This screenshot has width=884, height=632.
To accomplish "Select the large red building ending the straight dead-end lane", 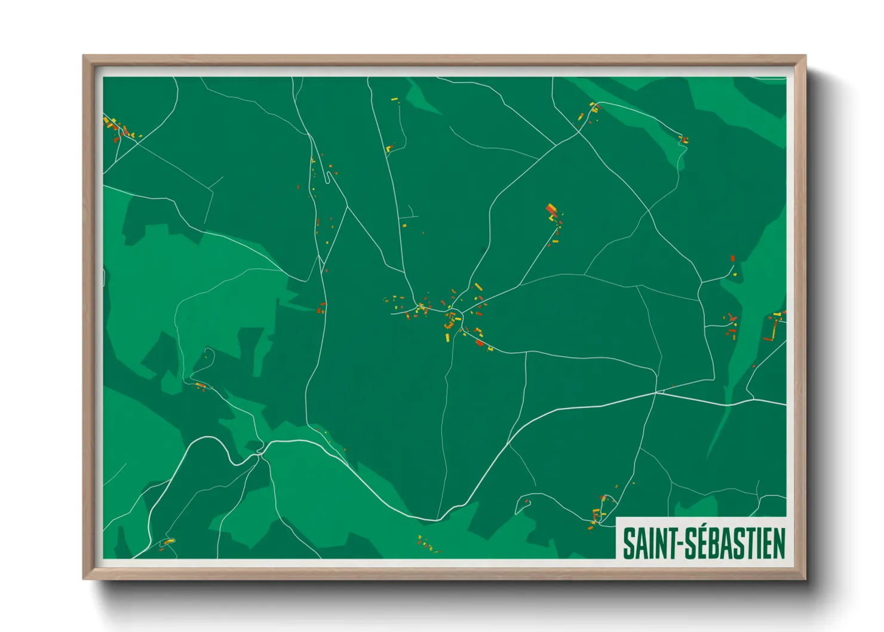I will pos(551,210).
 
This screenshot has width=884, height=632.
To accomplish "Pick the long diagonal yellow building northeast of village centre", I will pos(478,287).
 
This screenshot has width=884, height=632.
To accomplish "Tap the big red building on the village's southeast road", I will pos(479,343).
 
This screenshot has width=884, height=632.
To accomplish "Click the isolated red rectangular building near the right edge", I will pos(732,259).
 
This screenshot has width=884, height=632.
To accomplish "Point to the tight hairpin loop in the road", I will pos(327,177).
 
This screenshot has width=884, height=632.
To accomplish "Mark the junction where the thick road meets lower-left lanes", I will pos(261,452).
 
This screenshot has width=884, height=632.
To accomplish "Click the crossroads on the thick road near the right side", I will pos(656,392).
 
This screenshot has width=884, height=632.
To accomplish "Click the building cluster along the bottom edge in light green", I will pos(426,544).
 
